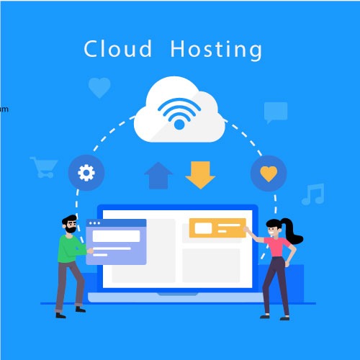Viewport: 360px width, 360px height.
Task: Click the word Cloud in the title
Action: coord(118,49)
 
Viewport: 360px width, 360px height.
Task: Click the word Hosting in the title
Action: coord(216,50)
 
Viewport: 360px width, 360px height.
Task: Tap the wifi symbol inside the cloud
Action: coord(179,114)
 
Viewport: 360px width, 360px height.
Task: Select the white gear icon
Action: coord(86,173)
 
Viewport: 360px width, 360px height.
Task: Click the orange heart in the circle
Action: coord(269,174)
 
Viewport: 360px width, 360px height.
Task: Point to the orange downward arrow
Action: coord(200,175)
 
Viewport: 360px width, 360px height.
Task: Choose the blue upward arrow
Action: coord(158,176)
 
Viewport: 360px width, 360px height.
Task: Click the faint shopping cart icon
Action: coord(43,167)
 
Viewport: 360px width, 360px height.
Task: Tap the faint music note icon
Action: coord(313,194)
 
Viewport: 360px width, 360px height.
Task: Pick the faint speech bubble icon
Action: coord(276,112)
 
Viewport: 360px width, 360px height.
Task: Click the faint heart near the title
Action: coord(99,88)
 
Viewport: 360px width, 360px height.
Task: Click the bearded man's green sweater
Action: coord(71,249)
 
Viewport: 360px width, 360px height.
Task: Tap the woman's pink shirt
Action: coord(277,247)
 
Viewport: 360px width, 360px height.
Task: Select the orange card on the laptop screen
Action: coord(217,228)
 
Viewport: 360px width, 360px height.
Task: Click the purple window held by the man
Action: coord(116,242)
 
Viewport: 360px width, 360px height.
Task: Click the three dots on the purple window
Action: coord(94,223)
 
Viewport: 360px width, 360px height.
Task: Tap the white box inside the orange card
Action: coord(203,228)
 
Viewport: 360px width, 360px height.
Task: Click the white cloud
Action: coord(179,109)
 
